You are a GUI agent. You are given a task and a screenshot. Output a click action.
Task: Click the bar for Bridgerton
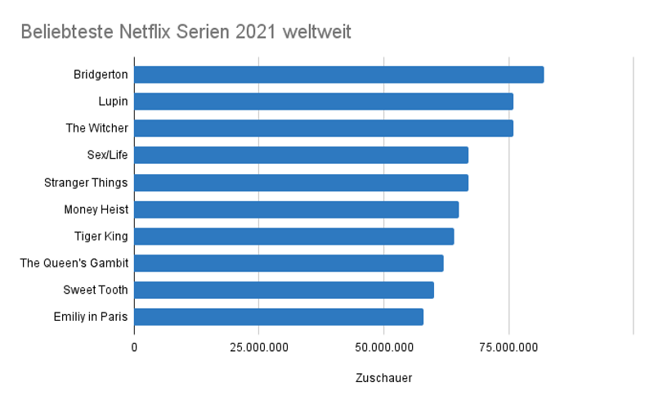click(338, 74)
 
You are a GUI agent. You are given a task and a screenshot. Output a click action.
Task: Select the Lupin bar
click(324, 101)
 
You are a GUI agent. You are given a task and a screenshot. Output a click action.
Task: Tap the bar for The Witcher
click(324, 128)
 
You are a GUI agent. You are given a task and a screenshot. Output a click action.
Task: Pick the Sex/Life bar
click(301, 155)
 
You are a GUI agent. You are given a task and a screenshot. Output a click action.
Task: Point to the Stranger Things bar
click(301, 182)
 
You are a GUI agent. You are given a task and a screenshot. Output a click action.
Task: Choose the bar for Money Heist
click(296, 209)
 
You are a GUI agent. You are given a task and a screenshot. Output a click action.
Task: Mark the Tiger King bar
click(293, 236)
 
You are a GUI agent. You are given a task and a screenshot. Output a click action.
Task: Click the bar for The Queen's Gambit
click(289, 263)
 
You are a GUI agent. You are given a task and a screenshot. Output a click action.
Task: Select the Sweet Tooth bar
click(284, 290)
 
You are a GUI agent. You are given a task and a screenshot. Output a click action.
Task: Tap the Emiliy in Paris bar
click(279, 317)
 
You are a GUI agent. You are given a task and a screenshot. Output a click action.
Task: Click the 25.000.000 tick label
click(259, 348)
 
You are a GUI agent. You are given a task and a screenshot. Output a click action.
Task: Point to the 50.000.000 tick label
click(384, 348)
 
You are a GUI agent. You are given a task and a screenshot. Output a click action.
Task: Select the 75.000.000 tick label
click(508, 348)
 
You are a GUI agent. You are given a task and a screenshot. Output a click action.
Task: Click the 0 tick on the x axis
click(134, 348)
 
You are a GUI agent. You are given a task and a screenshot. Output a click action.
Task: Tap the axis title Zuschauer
click(383, 378)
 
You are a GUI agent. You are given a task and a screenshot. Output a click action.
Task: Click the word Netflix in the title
click(151, 33)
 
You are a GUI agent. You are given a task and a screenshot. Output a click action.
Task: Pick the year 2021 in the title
click(254, 33)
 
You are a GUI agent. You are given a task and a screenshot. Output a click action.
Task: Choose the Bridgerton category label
click(101, 74)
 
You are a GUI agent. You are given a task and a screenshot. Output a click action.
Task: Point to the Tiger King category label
click(101, 236)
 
